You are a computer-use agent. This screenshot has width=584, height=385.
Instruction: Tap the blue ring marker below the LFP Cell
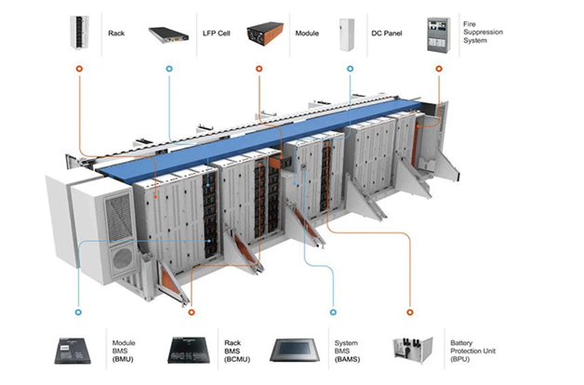click(168, 69)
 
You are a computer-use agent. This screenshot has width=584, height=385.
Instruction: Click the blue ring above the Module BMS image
click(78, 312)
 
